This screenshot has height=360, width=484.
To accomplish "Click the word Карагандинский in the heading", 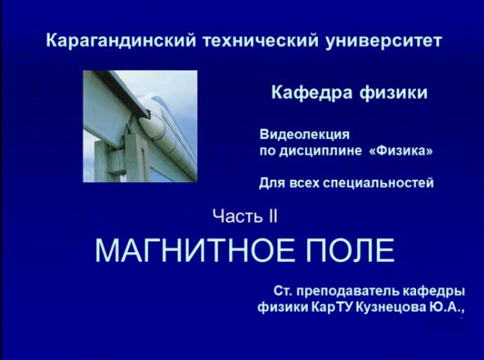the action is pos(121,41).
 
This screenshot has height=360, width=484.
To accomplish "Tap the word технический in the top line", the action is pos(261,41).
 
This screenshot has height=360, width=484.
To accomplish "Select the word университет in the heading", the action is pos(383,41).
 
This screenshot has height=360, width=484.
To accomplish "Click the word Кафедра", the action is pos(312,92).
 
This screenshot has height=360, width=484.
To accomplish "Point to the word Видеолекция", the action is pos(304,135).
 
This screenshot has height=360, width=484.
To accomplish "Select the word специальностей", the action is pos(379,183).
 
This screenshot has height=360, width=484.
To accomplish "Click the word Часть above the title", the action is pos(238,216).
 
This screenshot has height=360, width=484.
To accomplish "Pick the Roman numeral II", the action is pos(273,216).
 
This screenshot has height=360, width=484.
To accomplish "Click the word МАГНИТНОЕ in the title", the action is pos(195,250).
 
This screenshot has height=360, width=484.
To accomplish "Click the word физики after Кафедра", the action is pos(393,93).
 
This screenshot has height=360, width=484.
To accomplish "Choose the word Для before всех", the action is pos(272,183).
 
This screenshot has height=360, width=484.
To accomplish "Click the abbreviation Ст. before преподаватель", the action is pos(285,291).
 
